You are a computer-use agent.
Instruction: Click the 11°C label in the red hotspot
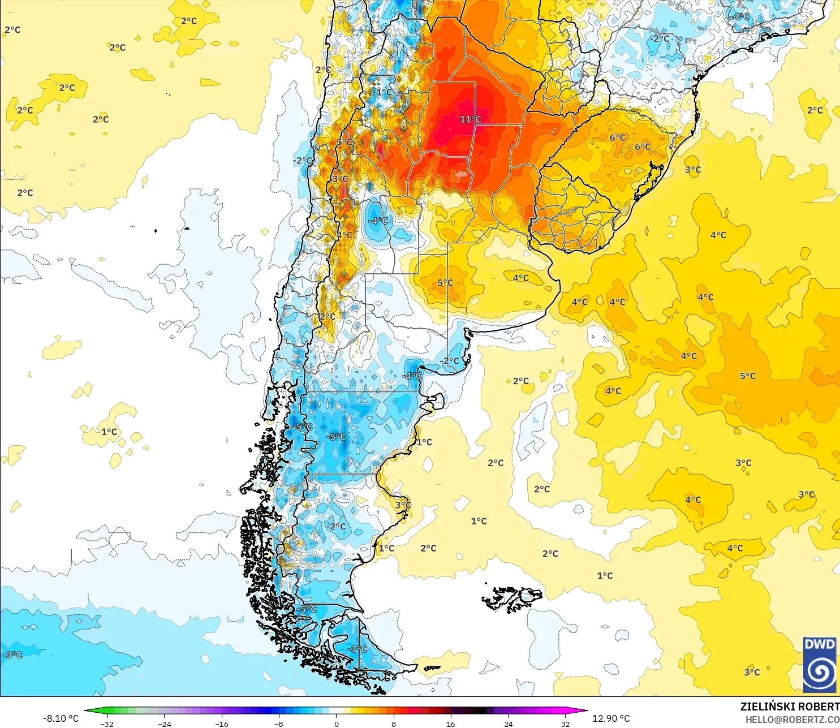[x=470, y=119]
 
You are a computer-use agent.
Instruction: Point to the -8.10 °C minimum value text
[x=61, y=718]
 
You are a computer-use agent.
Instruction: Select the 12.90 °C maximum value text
[x=610, y=718]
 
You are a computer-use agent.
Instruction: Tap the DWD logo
[x=819, y=665]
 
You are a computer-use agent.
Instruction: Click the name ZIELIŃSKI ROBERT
[x=790, y=707]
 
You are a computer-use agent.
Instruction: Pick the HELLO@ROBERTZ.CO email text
[x=792, y=720]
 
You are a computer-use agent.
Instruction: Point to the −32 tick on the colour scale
[x=106, y=723]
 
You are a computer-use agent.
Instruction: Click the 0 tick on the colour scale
[x=336, y=723]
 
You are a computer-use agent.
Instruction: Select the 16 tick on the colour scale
[x=450, y=723]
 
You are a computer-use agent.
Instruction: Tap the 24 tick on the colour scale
[x=508, y=723]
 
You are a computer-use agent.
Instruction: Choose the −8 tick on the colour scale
[x=279, y=723]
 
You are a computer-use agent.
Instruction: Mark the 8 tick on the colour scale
[x=394, y=723]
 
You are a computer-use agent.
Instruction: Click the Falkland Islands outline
[x=512, y=598]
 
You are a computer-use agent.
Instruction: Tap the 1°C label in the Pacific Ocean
[x=109, y=432]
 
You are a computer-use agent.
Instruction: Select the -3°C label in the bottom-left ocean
[x=12, y=654]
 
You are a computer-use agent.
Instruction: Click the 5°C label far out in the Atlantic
[x=747, y=376]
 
